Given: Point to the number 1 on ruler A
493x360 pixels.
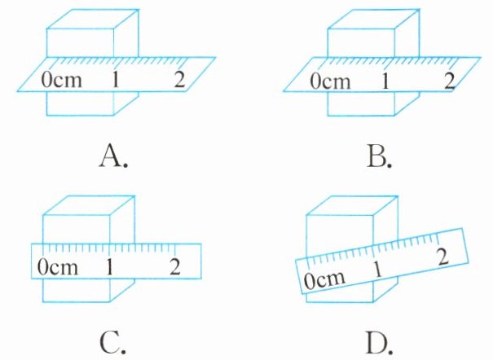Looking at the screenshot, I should point(117,80).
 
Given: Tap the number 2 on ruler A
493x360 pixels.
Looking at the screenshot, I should point(179,80).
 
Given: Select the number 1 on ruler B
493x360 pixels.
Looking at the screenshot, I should point(385,81).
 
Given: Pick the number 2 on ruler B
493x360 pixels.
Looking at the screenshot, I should point(447,80).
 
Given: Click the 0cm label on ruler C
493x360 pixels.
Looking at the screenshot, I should point(56,266).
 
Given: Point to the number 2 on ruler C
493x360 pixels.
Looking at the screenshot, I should point(174,266).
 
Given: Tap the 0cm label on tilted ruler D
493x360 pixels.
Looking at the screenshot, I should point(320,280).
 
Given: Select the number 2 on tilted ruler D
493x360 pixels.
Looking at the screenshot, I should point(441,256).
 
